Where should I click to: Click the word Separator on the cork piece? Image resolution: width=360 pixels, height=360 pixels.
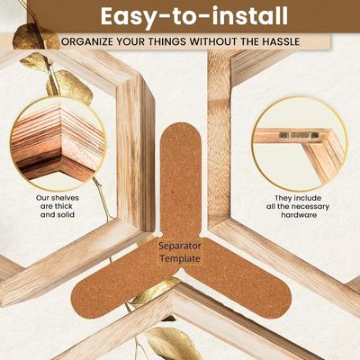pos(180,244)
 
